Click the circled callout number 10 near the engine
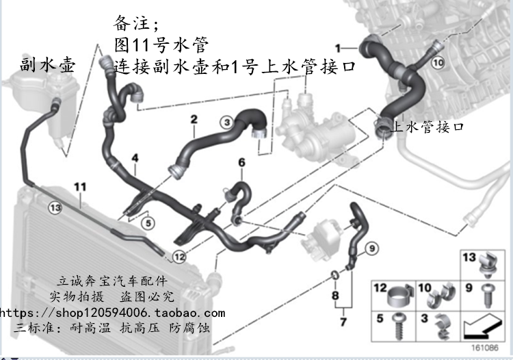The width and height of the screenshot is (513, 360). (438, 62)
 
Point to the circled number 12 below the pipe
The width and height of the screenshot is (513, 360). (179, 257)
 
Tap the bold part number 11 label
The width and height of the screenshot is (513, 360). (80, 186)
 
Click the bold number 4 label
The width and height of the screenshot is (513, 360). (135, 158)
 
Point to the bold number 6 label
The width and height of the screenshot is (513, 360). (241, 162)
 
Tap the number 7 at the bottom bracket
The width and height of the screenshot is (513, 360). (343, 321)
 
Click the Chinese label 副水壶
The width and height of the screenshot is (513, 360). (48, 64)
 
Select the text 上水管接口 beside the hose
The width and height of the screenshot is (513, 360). (430, 127)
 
